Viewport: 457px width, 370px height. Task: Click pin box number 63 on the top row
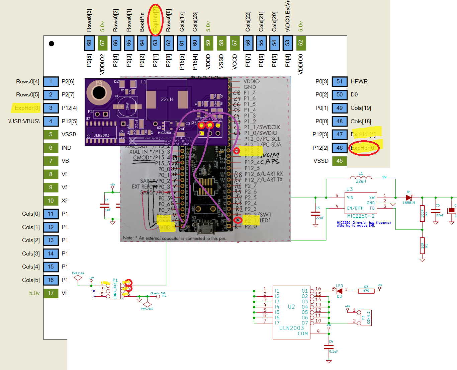click(x=155, y=43)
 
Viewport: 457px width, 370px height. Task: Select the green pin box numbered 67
click(x=102, y=43)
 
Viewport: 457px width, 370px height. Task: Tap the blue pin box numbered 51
click(x=339, y=81)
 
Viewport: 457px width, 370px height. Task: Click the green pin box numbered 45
click(x=339, y=161)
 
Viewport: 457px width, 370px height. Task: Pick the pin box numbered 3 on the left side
click(x=51, y=108)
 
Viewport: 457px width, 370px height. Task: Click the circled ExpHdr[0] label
click(x=364, y=148)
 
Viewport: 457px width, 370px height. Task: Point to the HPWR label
click(x=359, y=81)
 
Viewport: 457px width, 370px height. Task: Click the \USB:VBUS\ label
click(x=24, y=121)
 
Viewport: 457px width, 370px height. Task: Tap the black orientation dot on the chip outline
click(x=52, y=44)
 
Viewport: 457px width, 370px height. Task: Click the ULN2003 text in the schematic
click(x=291, y=328)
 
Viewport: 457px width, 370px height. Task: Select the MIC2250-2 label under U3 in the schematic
click(x=361, y=216)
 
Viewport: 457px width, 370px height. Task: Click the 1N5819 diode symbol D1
click(x=409, y=198)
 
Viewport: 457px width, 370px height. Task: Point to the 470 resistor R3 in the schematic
click(x=366, y=291)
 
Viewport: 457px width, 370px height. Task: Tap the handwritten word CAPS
click(x=270, y=162)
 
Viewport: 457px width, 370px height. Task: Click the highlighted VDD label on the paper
click(x=166, y=228)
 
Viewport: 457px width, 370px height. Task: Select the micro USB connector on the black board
click(x=205, y=229)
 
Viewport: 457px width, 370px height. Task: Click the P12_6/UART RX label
click(x=264, y=174)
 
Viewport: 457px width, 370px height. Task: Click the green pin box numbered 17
click(x=51, y=293)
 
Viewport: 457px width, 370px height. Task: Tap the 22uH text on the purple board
click(x=167, y=99)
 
